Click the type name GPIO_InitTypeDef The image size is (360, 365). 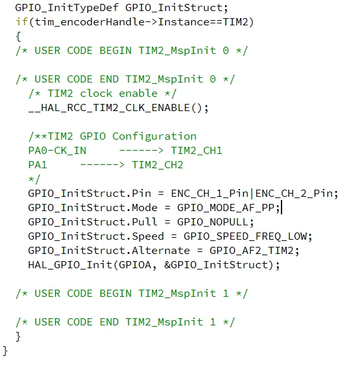click(67, 8)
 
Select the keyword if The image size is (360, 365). click(21, 22)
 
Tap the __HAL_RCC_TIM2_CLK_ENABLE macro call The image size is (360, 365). click(109, 108)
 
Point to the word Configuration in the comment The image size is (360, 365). click(154, 136)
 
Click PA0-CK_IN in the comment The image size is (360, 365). click(57, 151)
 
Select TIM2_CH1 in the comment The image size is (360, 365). click(197, 151)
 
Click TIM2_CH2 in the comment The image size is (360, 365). click(158, 165)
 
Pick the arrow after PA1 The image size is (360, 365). click(102, 165)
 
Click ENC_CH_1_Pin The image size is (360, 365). click(210, 194)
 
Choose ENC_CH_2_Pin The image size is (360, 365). click(294, 194)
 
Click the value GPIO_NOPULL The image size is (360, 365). click(213, 222)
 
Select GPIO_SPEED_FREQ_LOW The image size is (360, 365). click(245, 236)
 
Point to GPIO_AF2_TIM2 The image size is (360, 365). click(252, 251)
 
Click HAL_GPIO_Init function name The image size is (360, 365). click(70, 265)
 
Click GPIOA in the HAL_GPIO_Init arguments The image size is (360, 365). click(135, 265)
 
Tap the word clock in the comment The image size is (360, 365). click(96, 94)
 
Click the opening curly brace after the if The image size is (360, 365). click(18, 36)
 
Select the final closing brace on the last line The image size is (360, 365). click(5, 351)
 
